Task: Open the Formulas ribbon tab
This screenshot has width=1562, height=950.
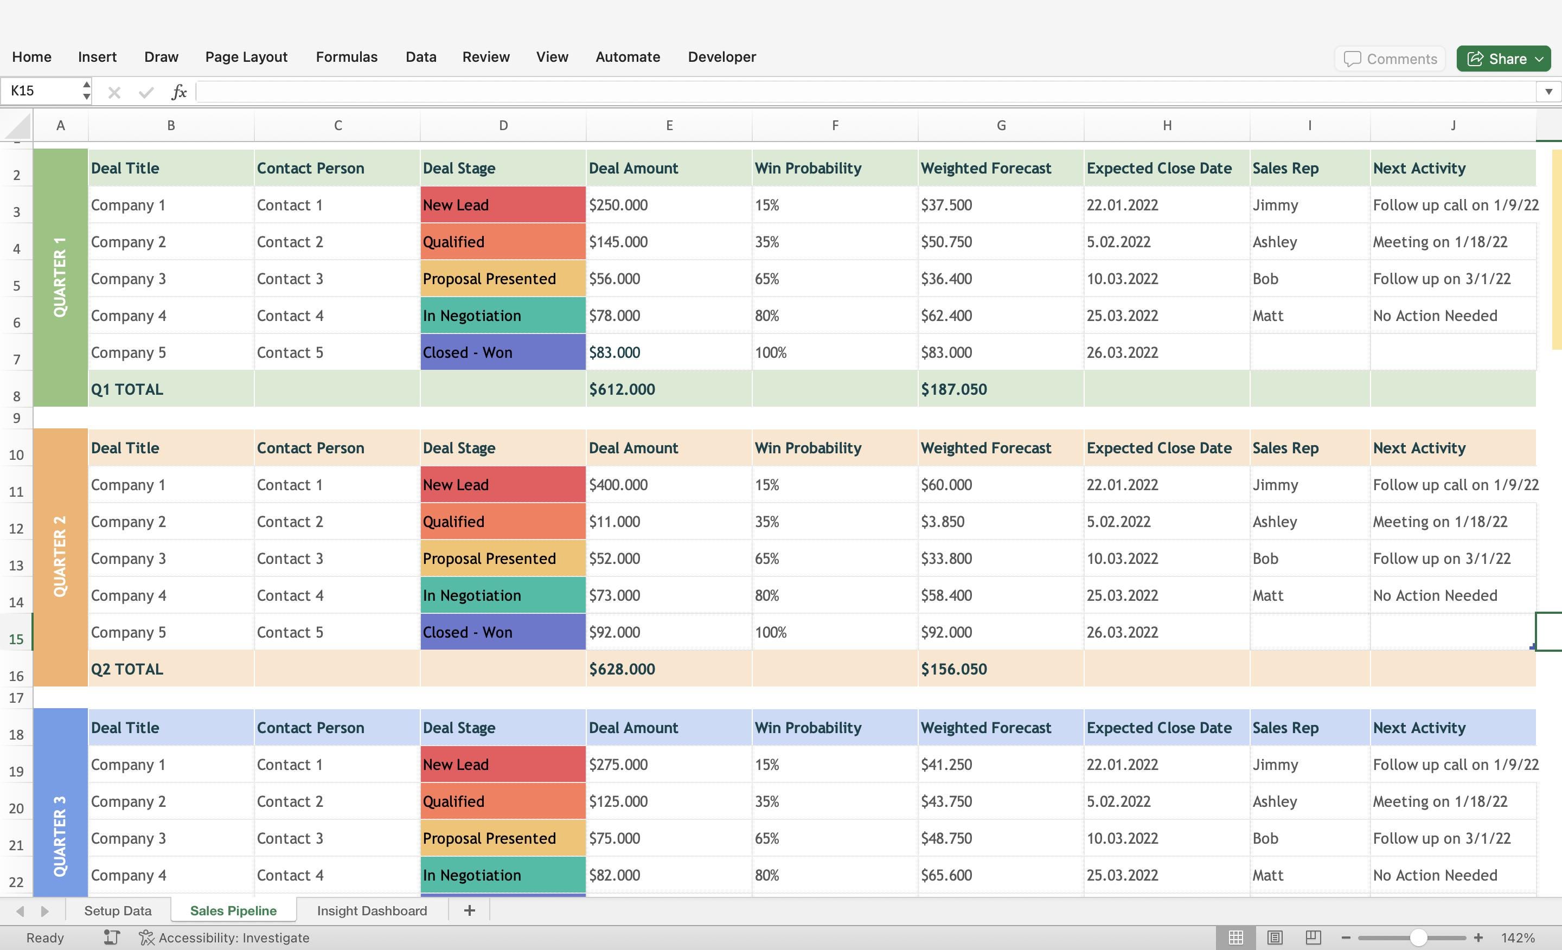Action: pos(346,57)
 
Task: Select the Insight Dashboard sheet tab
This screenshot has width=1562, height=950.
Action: pos(372,911)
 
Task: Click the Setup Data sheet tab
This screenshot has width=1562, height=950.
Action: pos(118,911)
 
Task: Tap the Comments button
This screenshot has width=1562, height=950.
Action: pos(1390,59)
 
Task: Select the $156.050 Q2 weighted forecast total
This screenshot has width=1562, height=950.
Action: pos(953,669)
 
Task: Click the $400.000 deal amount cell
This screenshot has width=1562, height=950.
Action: pos(618,485)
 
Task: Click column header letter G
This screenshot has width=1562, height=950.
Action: pos(1001,125)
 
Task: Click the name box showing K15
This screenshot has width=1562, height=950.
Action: pos(41,91)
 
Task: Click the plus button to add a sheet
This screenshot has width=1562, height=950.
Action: pos(469,911)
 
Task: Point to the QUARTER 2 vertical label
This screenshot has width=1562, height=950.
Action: pos(60,556)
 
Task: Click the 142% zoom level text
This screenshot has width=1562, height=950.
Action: pos(1517,938)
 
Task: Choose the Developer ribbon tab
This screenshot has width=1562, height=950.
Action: pos(721,57)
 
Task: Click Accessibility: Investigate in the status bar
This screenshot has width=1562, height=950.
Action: pos(233,938)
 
